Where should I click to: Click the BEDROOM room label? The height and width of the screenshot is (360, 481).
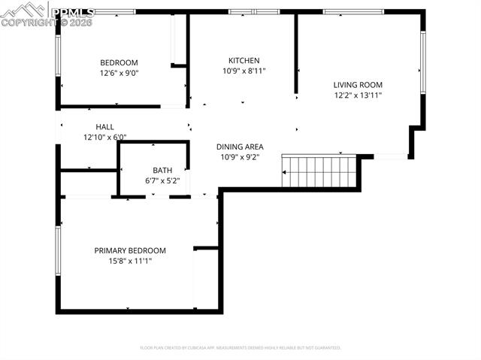coord(119,62)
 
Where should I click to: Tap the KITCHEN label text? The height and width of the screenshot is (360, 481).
coord(244,61)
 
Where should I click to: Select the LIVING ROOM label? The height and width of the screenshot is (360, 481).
coord(358,85)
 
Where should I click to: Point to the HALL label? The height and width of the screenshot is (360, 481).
coord(104,127)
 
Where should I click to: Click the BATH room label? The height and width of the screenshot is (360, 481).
coord(162,170)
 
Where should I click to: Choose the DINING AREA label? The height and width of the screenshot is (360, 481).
coord(239,147)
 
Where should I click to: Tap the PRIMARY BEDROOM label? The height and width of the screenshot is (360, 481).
coord(129,250)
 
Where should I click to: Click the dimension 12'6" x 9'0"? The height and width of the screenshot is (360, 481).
coord(119,73)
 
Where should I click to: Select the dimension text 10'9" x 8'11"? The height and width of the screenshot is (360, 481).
coord(244,71)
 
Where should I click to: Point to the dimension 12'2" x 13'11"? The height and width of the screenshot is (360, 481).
coord(358,95)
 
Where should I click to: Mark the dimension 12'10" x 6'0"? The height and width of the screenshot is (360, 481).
coord(104,137)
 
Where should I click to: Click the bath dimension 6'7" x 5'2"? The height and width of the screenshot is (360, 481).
coord(162,180)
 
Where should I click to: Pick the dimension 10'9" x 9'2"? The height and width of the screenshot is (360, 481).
coord(239,157)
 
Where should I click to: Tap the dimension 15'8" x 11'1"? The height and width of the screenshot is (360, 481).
coord(129,261)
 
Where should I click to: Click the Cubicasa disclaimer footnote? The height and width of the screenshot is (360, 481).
coord(240,348)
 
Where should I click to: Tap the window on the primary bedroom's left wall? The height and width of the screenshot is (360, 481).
coord(57,251)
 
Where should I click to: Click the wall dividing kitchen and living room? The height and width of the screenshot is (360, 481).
coord(296,53)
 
